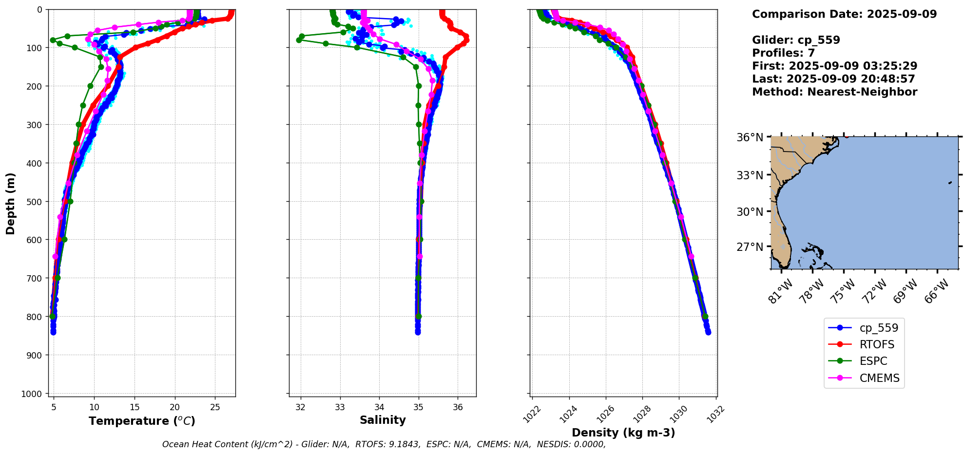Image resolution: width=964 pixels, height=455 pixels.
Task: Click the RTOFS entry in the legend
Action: (876, 344)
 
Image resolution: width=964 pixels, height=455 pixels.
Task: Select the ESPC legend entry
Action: (872, 361)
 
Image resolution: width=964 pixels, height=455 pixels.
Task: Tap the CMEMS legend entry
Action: (879, 378)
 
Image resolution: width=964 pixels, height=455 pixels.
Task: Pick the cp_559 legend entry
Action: (878, 328)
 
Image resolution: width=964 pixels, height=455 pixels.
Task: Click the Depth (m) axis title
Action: (11, 203)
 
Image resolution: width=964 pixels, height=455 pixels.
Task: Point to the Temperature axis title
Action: (142, 421)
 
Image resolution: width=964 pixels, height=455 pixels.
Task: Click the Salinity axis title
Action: (383, 420)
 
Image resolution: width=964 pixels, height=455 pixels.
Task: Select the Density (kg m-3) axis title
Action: (623, 433)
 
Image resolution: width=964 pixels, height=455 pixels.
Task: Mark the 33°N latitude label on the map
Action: (750, 175)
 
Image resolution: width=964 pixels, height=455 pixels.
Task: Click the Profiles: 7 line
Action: (783, 53)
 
